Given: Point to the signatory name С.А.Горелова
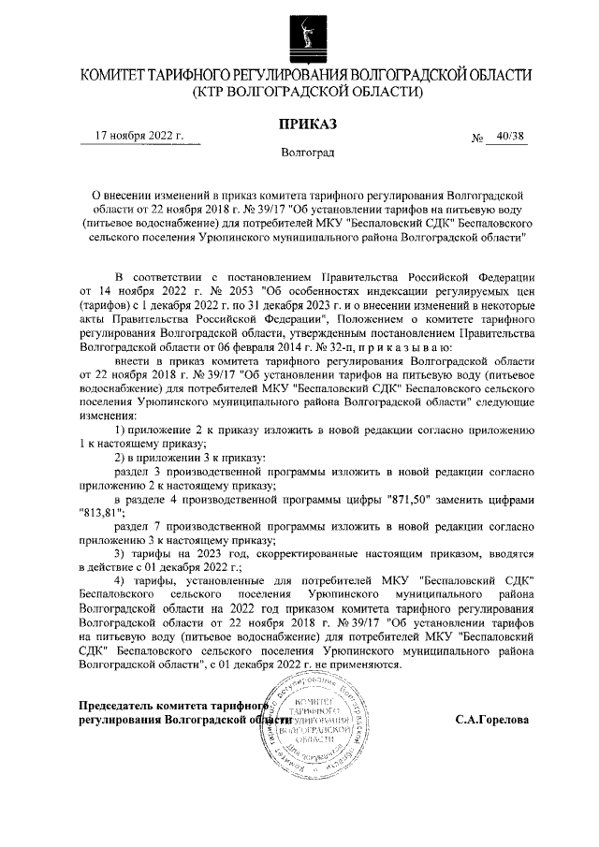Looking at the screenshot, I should click(x=491, y=721).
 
